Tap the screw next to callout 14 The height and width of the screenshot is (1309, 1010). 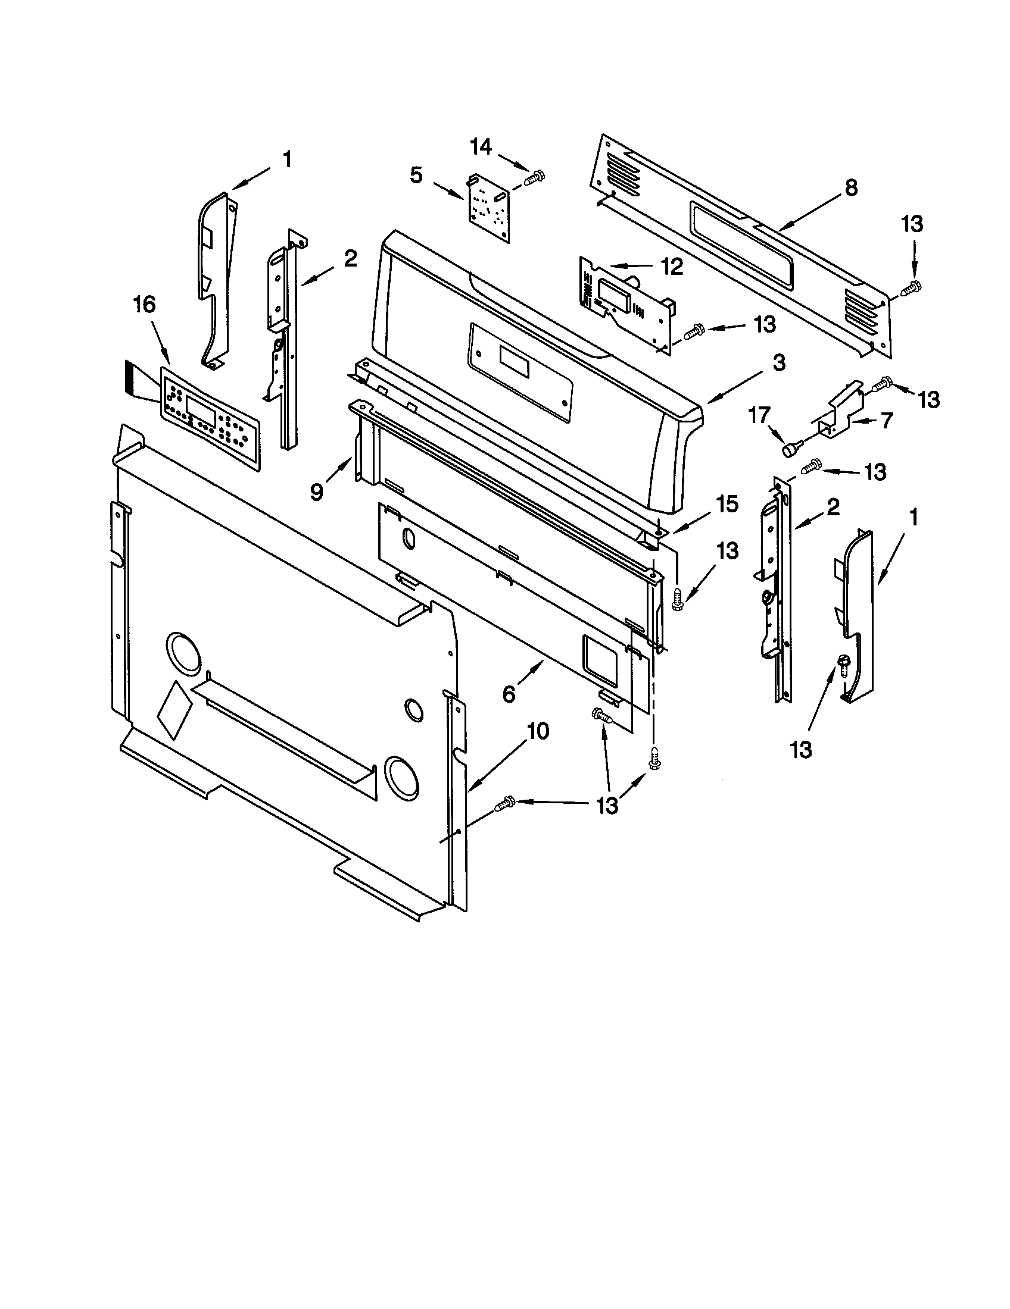[533, 177]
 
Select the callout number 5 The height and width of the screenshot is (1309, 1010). [416, 176]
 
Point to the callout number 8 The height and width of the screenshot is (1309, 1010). [850, 187]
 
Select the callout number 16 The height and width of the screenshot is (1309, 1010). [144, 305]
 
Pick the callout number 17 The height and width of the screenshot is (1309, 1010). [760, 415]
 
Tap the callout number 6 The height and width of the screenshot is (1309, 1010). [509, 694]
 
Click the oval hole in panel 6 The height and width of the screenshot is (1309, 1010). [409, 538]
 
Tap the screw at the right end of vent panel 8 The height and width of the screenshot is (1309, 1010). [912, 288]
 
